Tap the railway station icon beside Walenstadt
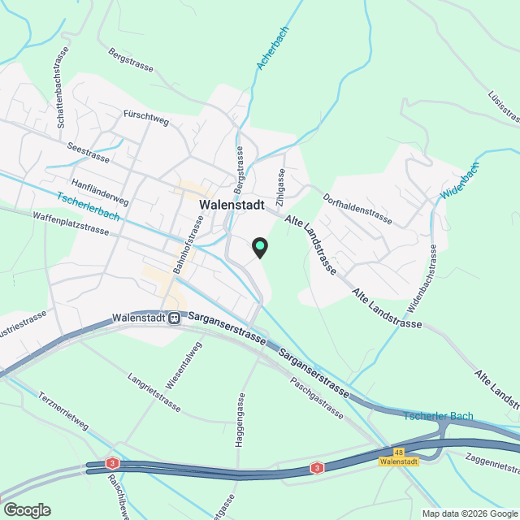pyautogui.click(x=175, y=318)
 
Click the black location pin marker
pyautogui.click(x=259, y=247)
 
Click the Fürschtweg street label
pyautogui.click(x=145, y=118)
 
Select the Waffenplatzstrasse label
pyautogui.click(x=71, y=223)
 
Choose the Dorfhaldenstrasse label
pyautogui.click(x=357, y=209)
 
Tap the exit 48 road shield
pyautogui.click(x=398, y=452)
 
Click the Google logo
pyautogui.click(x=26, y=509)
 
